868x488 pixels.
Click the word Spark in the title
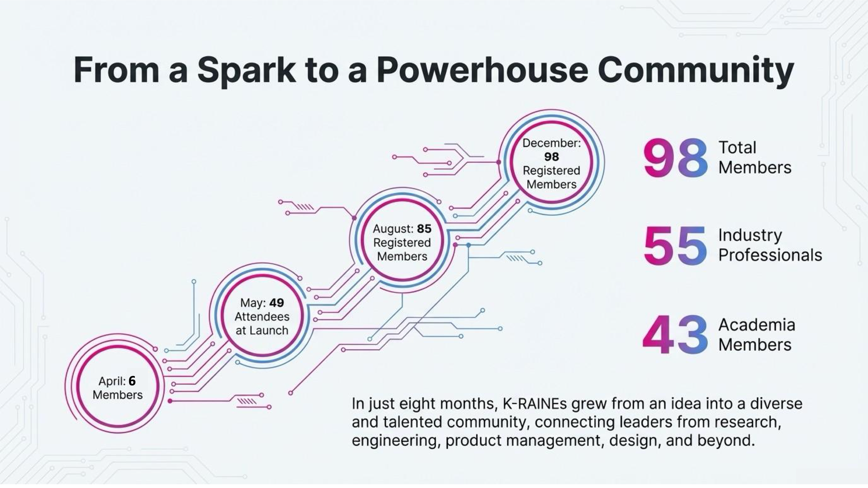tap(247, 70)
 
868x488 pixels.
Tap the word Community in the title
tap(696, 70)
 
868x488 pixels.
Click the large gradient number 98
tap(675, 158)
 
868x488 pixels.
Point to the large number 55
tap(675, 245)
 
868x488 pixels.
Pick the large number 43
tap(675, 335)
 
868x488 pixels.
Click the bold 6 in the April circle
tap(132, 381)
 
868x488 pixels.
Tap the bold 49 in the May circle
tap(276, 303)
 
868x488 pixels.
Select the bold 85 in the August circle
tap(424, 229)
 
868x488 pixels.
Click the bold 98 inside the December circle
tap(551, 157)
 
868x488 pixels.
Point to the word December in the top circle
tap(551, 143)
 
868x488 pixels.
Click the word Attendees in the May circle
tap(262, 317)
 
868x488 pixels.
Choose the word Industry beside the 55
tap(750, 235)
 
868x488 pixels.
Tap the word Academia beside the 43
tap(757, 325)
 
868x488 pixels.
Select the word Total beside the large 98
tap(737, 147)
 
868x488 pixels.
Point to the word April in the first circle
tap(111, 381)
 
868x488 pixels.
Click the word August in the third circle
tap(393, 229)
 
